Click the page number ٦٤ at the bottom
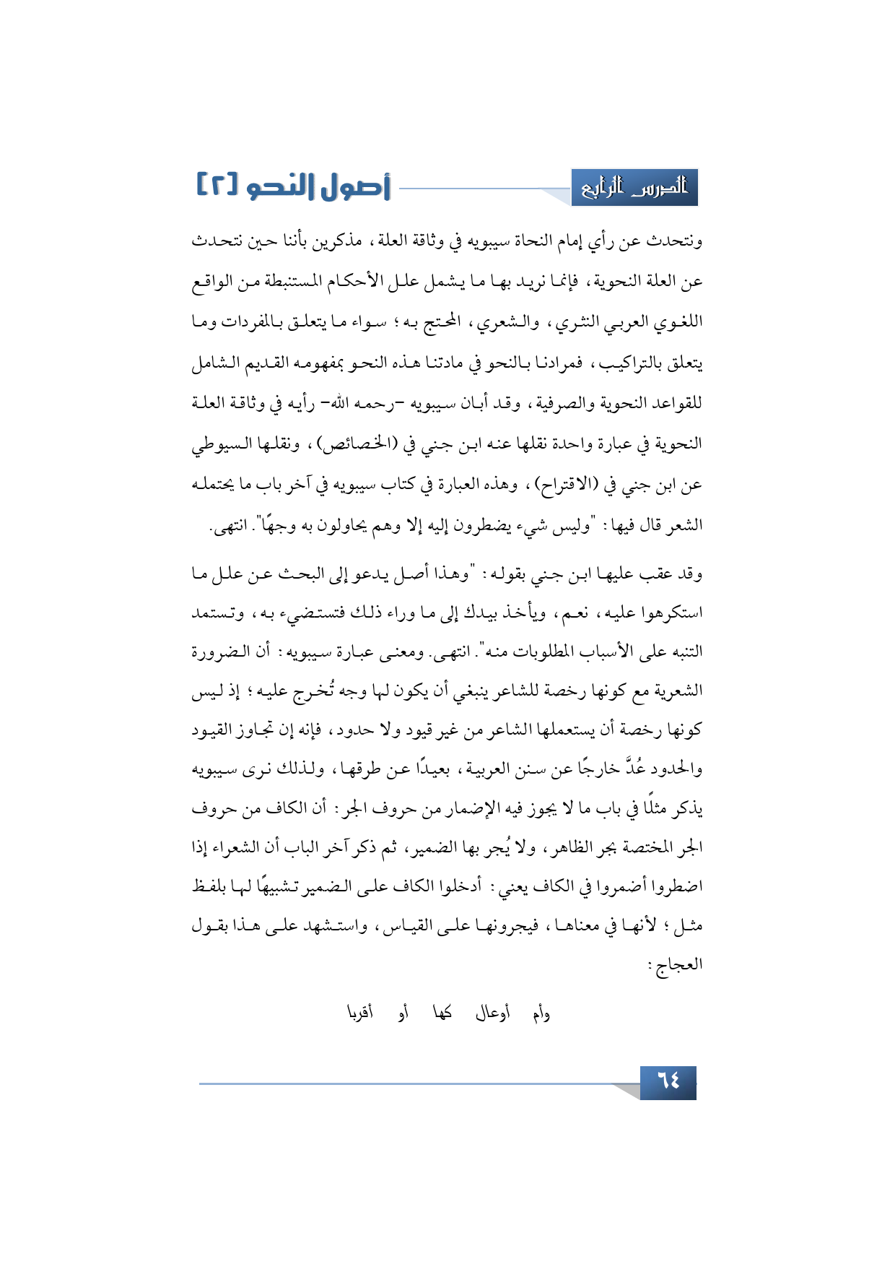668,1082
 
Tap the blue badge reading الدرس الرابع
634,188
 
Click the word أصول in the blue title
354,187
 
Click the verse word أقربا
360,1013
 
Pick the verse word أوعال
492,1013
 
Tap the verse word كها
442,1013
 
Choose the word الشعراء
244,847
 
